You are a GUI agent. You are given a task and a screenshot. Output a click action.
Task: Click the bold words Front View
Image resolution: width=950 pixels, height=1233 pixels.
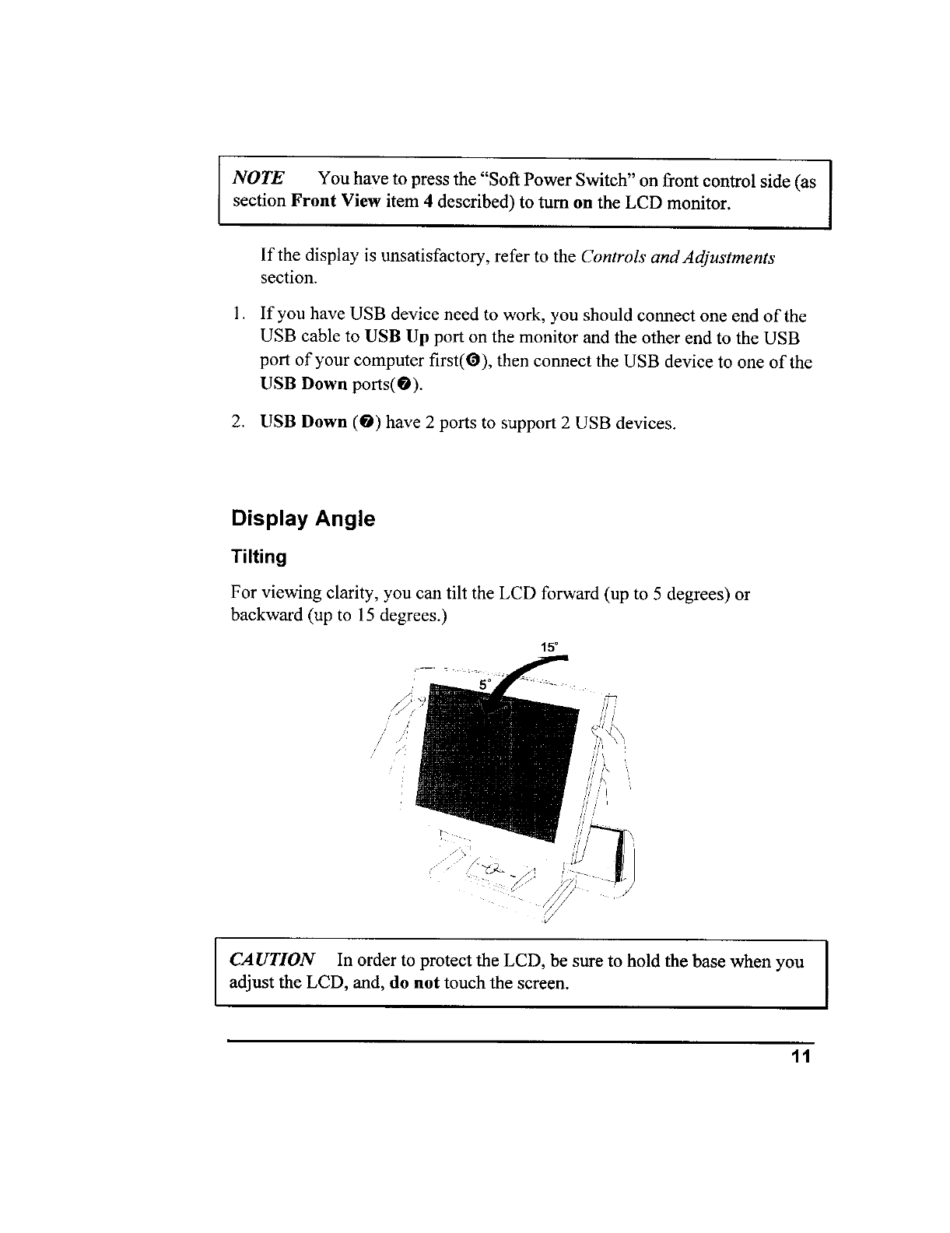coord(335,202)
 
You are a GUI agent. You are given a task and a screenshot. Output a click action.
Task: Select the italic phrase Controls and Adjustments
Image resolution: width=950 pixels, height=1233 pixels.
coord(677,258)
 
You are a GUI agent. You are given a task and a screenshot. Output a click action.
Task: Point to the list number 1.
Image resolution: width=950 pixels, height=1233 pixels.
coord(237,316)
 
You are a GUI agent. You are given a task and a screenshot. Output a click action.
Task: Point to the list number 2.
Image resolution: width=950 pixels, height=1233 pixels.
coord(238,423)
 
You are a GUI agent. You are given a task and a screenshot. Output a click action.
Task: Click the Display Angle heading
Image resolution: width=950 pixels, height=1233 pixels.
coord(303,519)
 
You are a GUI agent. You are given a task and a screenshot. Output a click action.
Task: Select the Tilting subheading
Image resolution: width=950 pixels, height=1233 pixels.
coord(258,557)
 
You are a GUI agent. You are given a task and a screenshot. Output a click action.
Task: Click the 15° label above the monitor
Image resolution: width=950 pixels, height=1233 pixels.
coord(549,648)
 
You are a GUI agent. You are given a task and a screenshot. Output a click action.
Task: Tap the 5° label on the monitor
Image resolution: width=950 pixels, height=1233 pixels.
coord(486,684)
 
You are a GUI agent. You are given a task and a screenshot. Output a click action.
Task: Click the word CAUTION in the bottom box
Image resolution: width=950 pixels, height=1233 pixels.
coord(272,961)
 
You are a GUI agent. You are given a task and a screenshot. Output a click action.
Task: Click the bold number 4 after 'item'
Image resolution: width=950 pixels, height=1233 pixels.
coord(440,202)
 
